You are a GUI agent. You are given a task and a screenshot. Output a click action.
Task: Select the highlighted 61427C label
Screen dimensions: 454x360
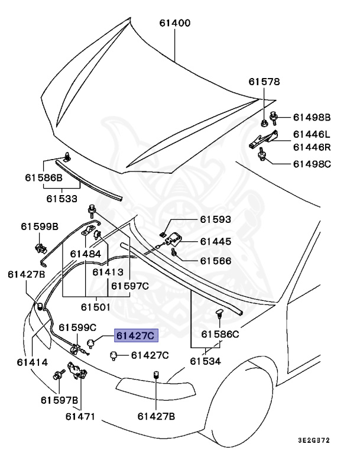pos(135,336)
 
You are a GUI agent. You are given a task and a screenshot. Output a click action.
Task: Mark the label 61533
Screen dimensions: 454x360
pos(62,199)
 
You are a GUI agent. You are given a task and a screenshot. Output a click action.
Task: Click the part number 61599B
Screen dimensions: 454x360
pos(40,226)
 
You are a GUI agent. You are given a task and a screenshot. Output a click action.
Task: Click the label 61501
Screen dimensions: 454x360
pos(96,307)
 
